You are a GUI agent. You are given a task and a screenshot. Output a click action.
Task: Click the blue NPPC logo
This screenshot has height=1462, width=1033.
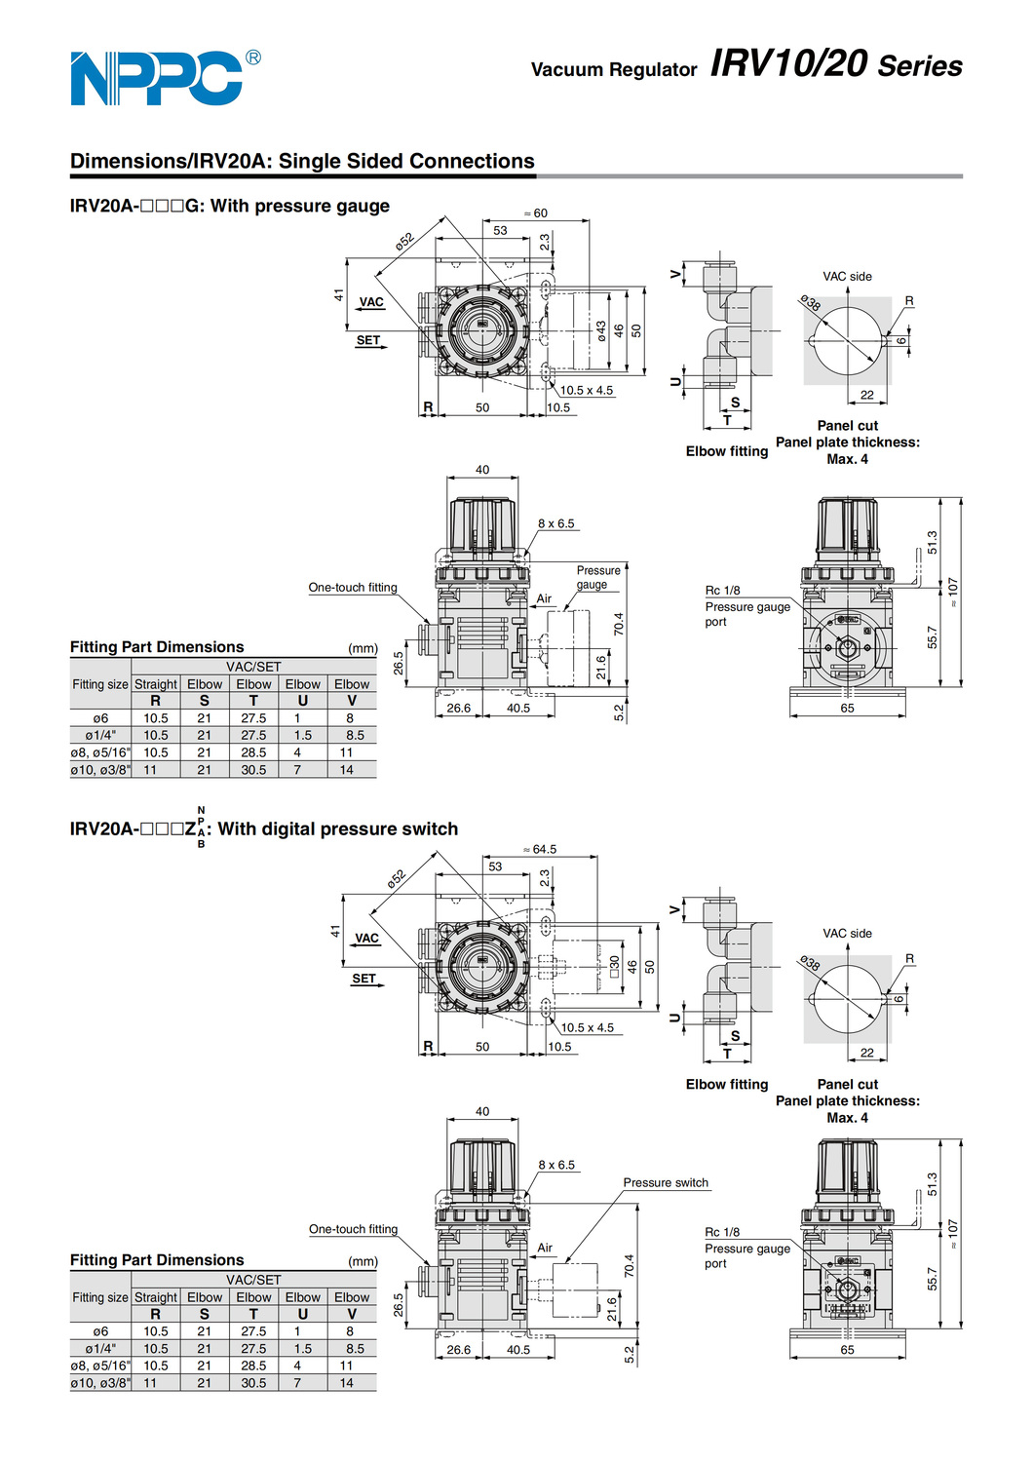pos(156,78)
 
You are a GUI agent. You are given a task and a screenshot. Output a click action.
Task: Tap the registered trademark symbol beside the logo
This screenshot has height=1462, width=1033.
pos(253,58)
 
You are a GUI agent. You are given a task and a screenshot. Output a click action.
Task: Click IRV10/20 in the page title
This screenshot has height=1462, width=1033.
pos(788,63)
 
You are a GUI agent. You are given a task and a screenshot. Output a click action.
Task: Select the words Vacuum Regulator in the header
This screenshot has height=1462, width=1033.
pos(614,69)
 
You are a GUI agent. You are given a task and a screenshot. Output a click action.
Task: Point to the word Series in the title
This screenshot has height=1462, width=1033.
pos(920,66)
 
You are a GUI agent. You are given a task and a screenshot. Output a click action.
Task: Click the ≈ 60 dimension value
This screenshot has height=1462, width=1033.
pos(536,213)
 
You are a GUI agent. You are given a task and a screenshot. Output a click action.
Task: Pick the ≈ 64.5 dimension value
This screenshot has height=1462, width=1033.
pos(540,850)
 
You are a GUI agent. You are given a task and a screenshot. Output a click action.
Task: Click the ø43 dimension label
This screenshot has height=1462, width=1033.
pos(601,330)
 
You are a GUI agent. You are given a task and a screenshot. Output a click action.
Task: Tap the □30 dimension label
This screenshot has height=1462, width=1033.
pos(614,967)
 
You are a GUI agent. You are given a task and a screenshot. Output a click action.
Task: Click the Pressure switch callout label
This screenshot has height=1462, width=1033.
pos(666,1183)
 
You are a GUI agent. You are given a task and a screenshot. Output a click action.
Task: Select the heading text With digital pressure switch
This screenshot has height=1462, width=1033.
pos(337,829)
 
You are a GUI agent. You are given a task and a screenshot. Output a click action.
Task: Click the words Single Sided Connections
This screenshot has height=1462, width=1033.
pos(406,162)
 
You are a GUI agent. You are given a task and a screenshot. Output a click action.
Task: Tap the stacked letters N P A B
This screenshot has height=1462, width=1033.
pos(202,827)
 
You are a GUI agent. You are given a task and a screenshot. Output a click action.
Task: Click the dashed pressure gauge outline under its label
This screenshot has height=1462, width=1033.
pos(569,648)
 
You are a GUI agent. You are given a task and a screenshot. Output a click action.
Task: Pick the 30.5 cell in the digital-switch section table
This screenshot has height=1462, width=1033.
pos(253,1383)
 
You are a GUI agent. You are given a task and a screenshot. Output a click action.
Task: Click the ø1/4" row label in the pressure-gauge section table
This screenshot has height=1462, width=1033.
pos(100,736)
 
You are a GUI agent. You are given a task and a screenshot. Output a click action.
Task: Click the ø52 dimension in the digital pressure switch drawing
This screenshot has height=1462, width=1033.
pos(396,878)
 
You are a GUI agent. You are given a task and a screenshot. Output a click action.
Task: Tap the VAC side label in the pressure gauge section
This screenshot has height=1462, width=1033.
pos(847,277)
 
